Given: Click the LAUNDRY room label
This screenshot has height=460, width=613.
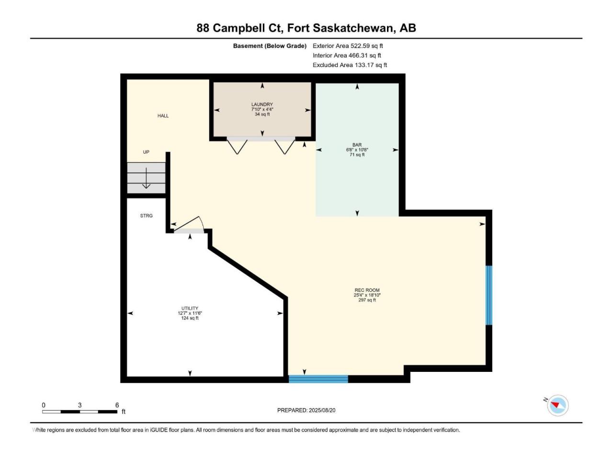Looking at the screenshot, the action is (x=261, y=104).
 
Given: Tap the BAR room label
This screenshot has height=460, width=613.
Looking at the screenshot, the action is (x=357, y=145).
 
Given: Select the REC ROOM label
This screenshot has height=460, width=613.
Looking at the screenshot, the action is (x=367, y=290).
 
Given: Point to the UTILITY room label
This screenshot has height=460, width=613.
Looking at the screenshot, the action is (x=190, y=308).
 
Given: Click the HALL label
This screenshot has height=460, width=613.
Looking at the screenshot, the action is (x=163, y=115).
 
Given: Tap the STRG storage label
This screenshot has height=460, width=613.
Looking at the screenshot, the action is (x=147, y=216).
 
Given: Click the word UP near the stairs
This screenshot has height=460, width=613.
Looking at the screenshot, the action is (x=146, y=152).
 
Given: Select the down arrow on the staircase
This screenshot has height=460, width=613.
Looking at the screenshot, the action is (x=147, y=178).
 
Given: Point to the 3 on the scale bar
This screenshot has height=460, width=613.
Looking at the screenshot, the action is (x=79, y=405).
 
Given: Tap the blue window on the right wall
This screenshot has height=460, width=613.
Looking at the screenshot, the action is (x=488, y=295).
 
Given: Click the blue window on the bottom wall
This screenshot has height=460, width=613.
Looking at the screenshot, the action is (x=318, y=379).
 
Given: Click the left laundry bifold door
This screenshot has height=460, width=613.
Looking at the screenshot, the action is (x=237, y=146).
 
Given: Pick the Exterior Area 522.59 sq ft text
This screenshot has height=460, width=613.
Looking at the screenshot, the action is (x=348, y=46).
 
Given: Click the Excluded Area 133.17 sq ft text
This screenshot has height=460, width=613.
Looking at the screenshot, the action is (x=350, y=65).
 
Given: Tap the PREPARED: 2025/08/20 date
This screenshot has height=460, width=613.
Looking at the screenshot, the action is (x=306, y=410).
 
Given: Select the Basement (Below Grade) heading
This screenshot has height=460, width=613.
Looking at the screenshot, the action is (x=270, y=46).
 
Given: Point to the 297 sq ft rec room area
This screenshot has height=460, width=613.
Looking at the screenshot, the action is (x=367, y=300).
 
